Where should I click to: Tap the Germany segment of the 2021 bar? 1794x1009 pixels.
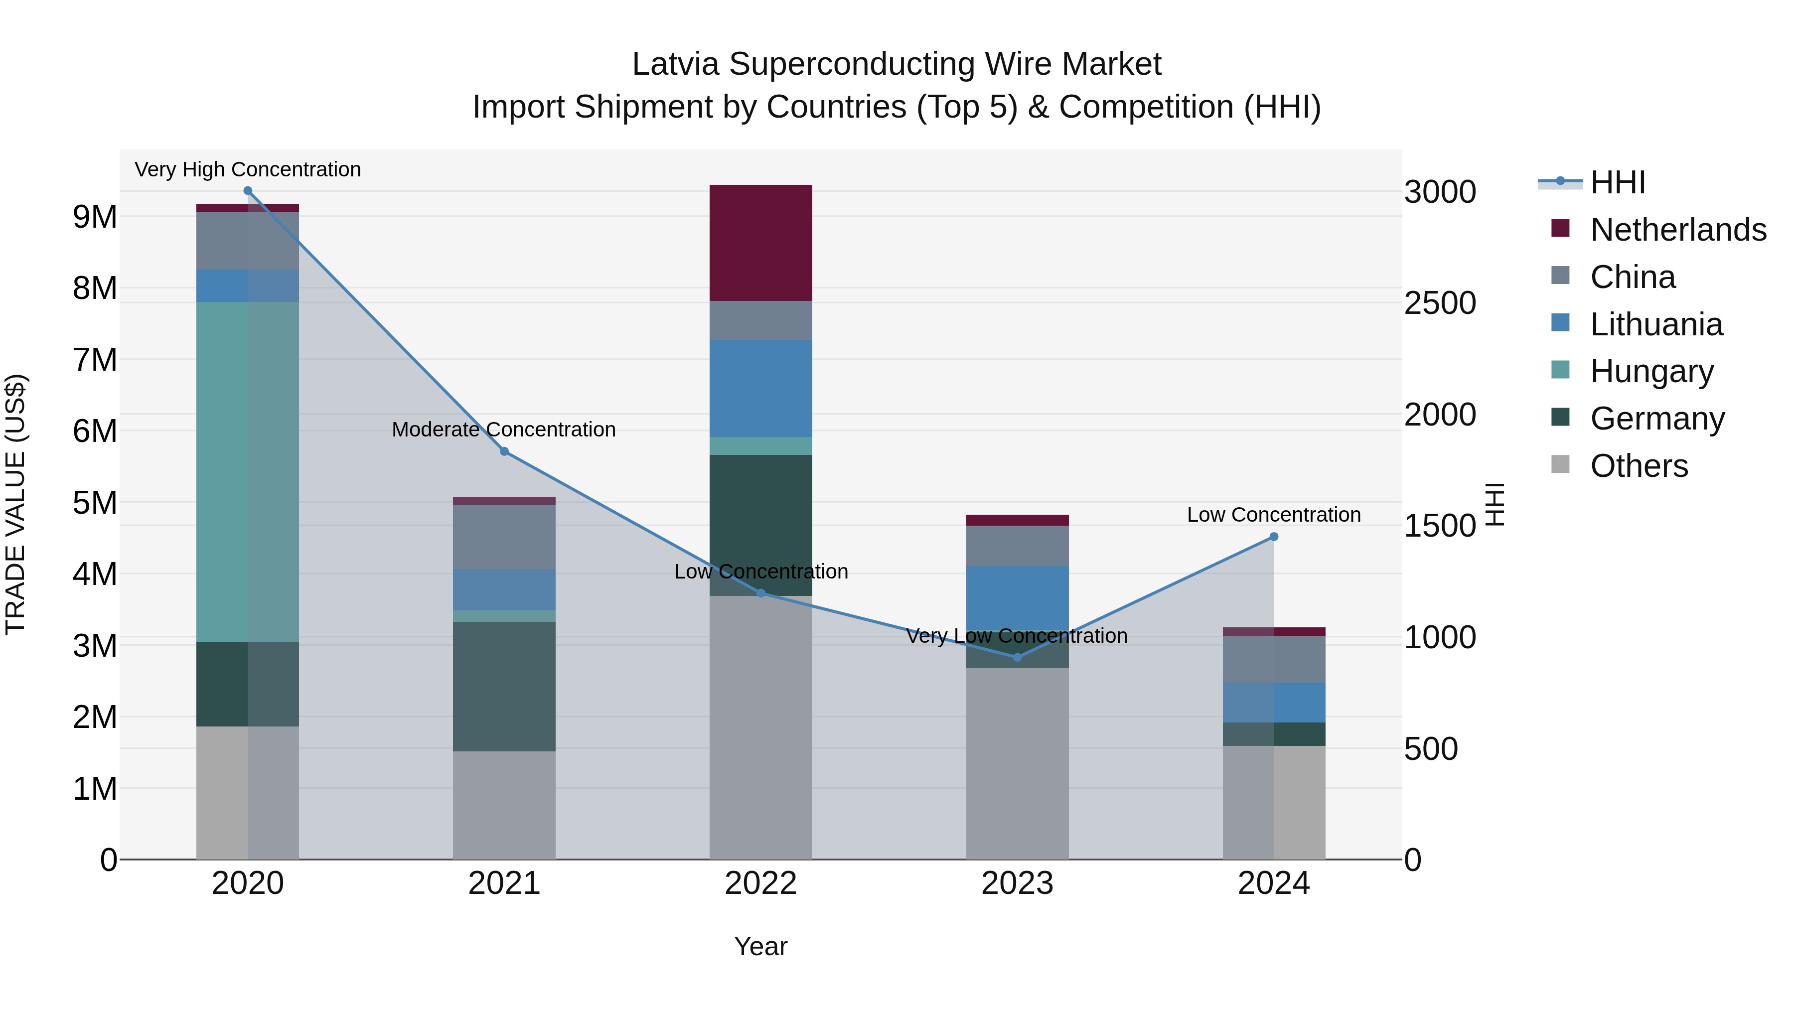504,686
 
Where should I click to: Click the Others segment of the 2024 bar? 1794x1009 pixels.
1274,802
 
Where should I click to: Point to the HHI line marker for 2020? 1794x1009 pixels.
248,191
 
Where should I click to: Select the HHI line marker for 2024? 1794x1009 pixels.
1274,537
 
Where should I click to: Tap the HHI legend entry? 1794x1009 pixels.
1617,182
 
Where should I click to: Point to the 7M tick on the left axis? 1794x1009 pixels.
95,360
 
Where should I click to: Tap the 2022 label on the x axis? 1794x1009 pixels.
760,883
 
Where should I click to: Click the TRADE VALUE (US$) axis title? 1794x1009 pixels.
15,504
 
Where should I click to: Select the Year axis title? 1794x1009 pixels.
760,946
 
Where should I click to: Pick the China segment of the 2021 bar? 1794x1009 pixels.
504,537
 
